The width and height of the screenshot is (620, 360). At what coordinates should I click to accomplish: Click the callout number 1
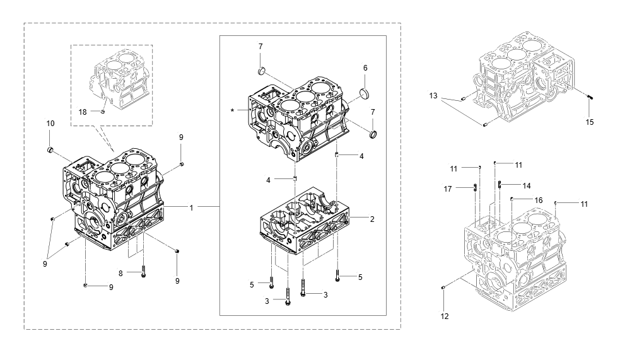[x=191, y=207]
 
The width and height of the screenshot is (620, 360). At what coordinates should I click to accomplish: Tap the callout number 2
[x=372, y=219]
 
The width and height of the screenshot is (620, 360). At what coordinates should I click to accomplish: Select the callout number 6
[x=365, y=67]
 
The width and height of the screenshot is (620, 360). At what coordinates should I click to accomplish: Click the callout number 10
[x=50, y=124]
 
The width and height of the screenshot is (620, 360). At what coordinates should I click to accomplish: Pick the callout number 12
[x=445, y=316]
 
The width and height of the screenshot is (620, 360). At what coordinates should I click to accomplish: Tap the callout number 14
[x=526, y=185]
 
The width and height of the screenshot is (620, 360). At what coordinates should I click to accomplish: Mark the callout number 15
[x=589, y=122]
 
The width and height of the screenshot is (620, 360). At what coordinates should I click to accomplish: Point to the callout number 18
[x=82, y=112]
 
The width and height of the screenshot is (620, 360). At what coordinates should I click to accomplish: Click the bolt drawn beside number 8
[x=144, y=273]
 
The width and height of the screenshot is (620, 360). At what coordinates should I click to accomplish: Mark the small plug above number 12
[x=444, y=288]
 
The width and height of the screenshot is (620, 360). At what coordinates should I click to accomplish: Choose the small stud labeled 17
[x=475, y=186]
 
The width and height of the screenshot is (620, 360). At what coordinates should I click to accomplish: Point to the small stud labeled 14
[x=500, y=184]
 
